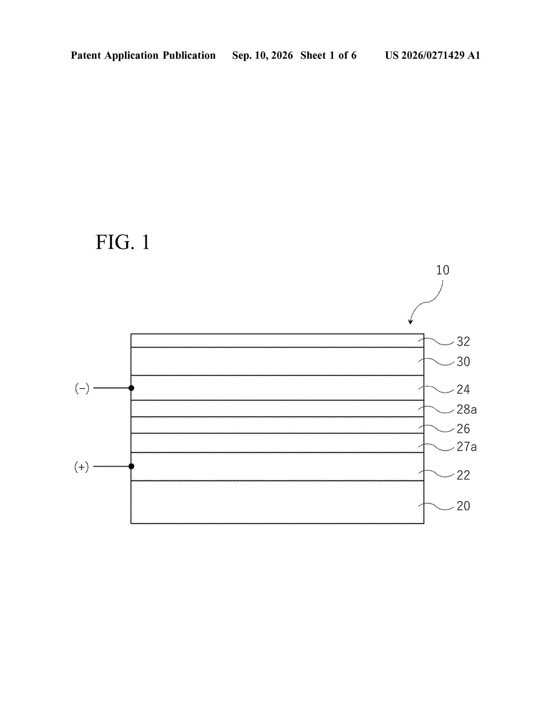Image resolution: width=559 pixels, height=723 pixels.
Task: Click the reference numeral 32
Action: point(463,341)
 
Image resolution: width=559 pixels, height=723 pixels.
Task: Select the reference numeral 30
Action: point(463,361)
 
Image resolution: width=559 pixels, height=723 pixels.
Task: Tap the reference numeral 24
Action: point(463,389)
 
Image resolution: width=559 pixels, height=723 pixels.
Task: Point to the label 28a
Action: point(467,409)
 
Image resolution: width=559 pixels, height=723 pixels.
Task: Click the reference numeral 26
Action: point(463,429)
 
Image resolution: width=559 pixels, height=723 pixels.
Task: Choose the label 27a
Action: point(467,447)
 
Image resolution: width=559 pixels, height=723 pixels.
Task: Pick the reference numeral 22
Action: point(463,475)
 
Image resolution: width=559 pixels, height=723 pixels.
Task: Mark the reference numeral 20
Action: point(463,506)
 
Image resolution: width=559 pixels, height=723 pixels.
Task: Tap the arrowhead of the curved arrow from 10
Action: point(411,321)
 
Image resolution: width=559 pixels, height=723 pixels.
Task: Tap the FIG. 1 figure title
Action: point(123,242)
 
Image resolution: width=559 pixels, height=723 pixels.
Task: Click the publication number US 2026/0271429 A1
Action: point(433,55)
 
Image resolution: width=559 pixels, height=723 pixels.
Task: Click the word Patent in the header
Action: point(86,55)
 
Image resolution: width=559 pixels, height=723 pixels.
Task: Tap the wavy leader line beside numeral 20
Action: point(436,506)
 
